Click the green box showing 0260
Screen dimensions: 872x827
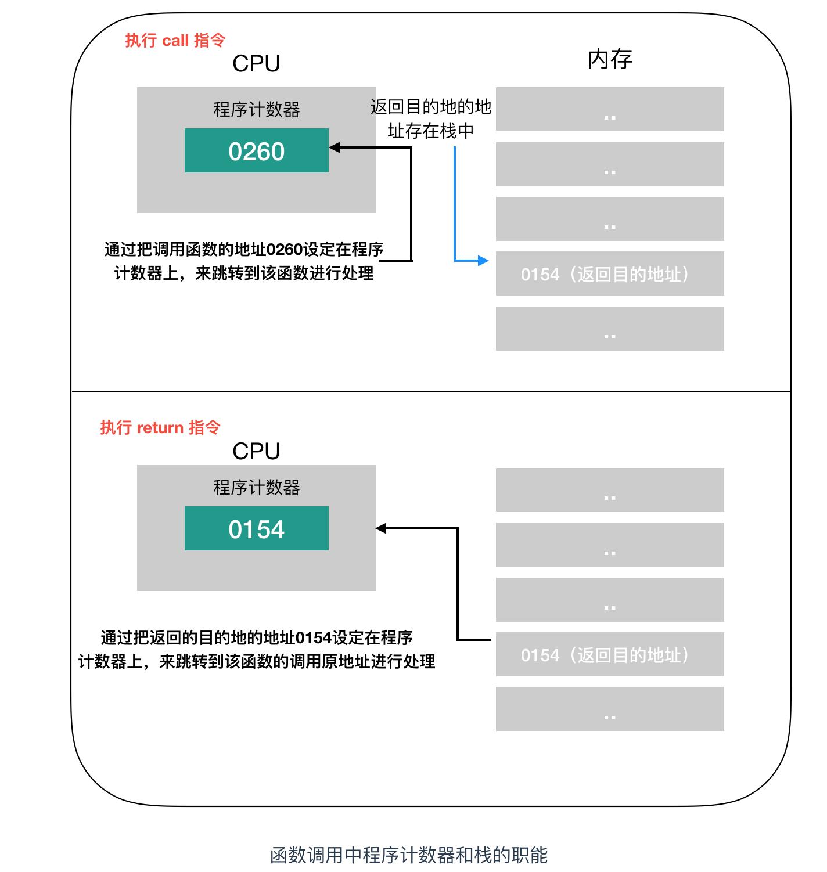coord(256,150)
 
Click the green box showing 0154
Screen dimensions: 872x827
coord(256,528)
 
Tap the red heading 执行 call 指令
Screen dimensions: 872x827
coord(175,40)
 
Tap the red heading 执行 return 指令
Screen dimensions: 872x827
coord(160,427)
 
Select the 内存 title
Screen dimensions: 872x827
coord(609,59)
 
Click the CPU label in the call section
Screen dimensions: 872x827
coord(256,63)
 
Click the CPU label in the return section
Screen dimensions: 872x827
coord(256,451)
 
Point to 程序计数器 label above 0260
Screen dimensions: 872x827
coord(256,109)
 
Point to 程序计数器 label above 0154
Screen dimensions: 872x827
coord(256,487)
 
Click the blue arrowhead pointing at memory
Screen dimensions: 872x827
coord(483,261)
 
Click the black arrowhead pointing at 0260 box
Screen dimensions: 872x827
coord(335,147)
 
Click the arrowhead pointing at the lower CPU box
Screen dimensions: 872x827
coord(382,528)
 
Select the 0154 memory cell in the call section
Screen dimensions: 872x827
coord(609,273)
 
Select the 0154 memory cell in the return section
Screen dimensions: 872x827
coord(609,654)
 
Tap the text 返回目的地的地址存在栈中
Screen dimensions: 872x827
coord(430,119)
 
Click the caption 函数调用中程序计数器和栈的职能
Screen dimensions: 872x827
coord(409,855)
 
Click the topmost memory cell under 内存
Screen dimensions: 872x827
coord(609,109)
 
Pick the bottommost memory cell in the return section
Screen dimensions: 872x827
coord(609,709)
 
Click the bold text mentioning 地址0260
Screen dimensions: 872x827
coord(244,261)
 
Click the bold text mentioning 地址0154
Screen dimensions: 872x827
coord(256,650)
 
